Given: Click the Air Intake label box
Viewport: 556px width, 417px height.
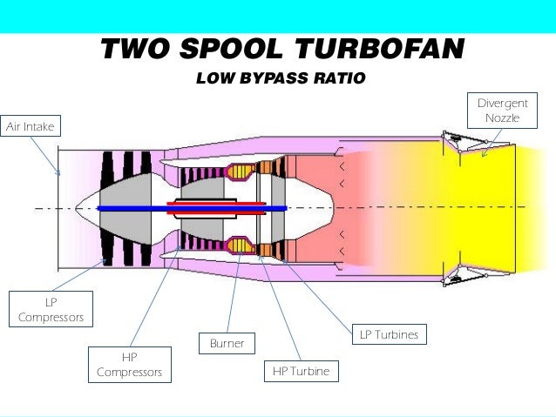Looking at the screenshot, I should tap(31, 127).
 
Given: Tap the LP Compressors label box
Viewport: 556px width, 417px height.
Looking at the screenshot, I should tap(51, 309).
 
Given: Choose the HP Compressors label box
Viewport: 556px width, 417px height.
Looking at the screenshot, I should tap(129, 365).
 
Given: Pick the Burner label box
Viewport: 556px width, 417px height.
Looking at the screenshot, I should tap(227, 344).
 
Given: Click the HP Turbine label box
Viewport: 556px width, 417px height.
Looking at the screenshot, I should tap(301, 371).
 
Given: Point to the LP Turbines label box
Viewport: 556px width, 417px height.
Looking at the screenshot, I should tap(389, 334).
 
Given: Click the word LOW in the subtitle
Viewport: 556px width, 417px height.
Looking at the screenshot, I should tap(215, 79).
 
